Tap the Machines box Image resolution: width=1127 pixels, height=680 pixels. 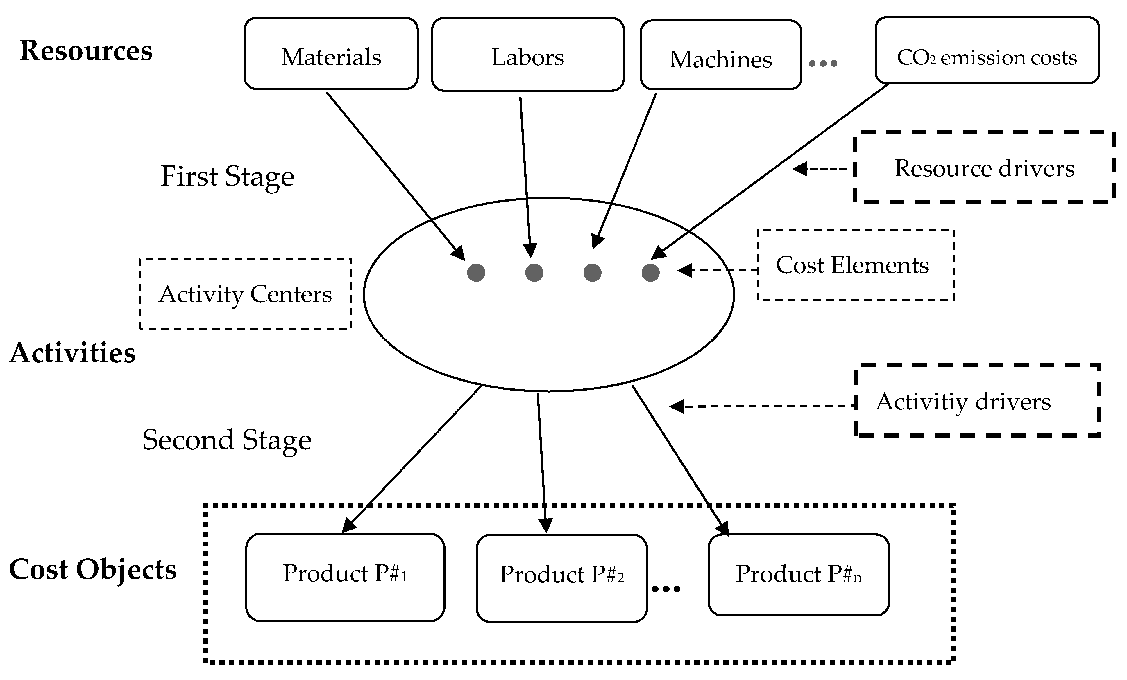point(720,55)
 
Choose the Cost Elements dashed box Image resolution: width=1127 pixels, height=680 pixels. point(855,265)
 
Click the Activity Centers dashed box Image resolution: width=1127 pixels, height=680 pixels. point(245,293)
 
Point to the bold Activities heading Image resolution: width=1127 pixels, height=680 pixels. point(72,353)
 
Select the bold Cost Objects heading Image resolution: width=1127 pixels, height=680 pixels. point(93,569)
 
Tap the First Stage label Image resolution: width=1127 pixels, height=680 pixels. point(227,177)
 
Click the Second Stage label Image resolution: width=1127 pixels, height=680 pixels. point(227,440)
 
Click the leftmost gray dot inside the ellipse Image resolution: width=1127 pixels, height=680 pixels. point(476,273)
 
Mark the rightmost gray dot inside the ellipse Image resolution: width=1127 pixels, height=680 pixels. point(650,273)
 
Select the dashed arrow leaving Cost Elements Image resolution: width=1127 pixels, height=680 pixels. point(718,270)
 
